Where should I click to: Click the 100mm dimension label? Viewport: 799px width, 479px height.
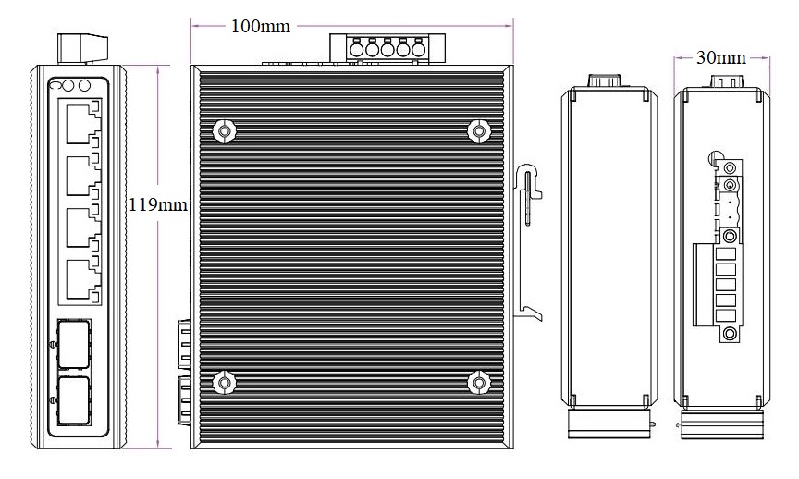[261, 26]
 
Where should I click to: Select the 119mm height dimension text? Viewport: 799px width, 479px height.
[157, 205]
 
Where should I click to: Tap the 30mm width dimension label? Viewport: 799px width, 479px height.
[721, 58]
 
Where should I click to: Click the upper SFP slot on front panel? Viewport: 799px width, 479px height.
[74, 345]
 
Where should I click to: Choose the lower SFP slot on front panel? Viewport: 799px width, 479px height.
[74, 400]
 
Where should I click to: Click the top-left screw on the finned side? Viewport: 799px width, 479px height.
[224, 131]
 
